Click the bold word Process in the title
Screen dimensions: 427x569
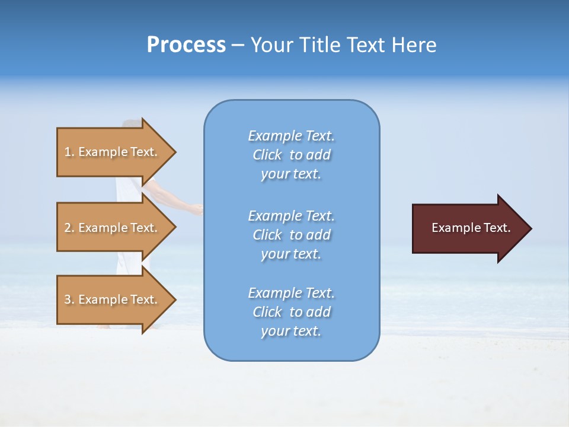pyautogui.click(x=186, y=45)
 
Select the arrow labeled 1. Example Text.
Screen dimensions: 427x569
pyautogui.click(x=113, y=152)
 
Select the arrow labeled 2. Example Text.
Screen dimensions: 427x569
pyautogui.click(x=113, y=228)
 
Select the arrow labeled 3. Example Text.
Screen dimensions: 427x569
pyautogui.click(x=113, y=299)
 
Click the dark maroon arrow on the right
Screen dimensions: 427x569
pyautogui.click(x=468, y=228)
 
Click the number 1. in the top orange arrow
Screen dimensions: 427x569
pyautogui.click(x=69, y=152)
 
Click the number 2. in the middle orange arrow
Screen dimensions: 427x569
pyautogui.click(x=69, y=228)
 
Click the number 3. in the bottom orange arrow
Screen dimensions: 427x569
pyautogui.click(x=69, y=299)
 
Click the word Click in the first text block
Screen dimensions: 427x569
pyautogui.click(x=267, y=155)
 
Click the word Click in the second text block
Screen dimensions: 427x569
pyautogui.click(x=267, y=235)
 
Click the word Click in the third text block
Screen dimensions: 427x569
pyautogui.click(x=267, y=312)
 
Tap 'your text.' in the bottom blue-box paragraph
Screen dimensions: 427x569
pyautogui.click(x=291, y=332)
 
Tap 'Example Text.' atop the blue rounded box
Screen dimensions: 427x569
pyautogui.click(x=291, y=136)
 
